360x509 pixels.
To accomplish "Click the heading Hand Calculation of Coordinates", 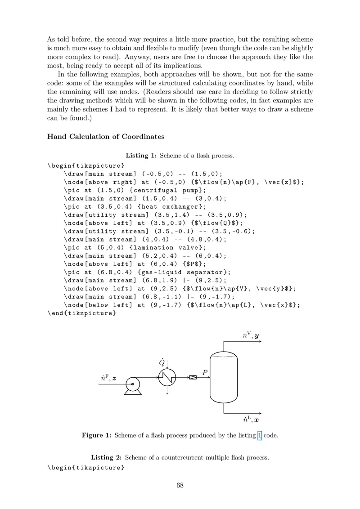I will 106,137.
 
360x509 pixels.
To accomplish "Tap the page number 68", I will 180,485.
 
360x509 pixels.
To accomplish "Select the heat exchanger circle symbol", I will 167,377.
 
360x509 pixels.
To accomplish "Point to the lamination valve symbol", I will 193,377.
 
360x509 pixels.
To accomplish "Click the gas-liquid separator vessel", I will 224,378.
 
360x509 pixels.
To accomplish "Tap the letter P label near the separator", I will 205,372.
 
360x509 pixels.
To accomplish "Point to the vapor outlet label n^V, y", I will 251,335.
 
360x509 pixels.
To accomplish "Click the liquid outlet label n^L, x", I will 251,420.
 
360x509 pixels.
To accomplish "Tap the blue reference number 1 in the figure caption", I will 259,435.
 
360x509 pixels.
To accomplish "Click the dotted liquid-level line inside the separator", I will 224,357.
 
